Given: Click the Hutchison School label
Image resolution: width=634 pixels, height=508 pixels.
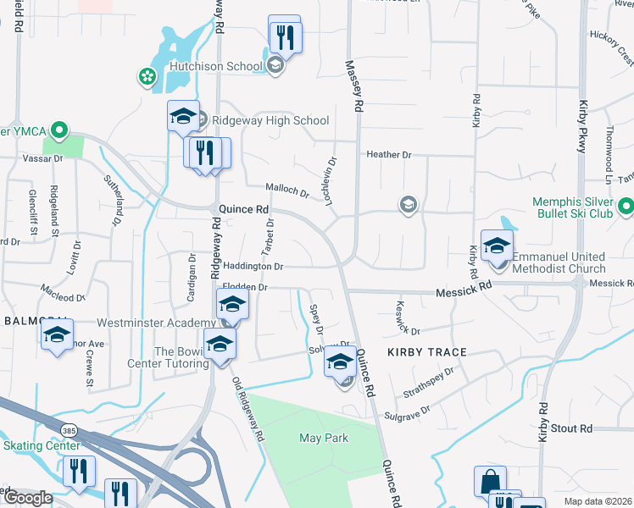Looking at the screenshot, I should point(220,65).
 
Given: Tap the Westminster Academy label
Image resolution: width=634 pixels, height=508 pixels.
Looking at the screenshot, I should point(155,323).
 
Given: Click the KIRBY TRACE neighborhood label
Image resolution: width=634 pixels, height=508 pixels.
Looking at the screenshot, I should point(423,351).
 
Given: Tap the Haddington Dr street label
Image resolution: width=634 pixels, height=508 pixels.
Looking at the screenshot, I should point(253,266).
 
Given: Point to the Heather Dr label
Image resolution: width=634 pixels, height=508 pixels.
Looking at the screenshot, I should point(388,155).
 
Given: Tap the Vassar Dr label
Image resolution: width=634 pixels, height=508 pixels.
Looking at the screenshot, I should point(42,158).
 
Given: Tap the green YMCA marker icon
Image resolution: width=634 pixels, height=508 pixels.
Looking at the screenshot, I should point(58,131).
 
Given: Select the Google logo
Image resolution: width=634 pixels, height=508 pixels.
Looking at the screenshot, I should point(27,498).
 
